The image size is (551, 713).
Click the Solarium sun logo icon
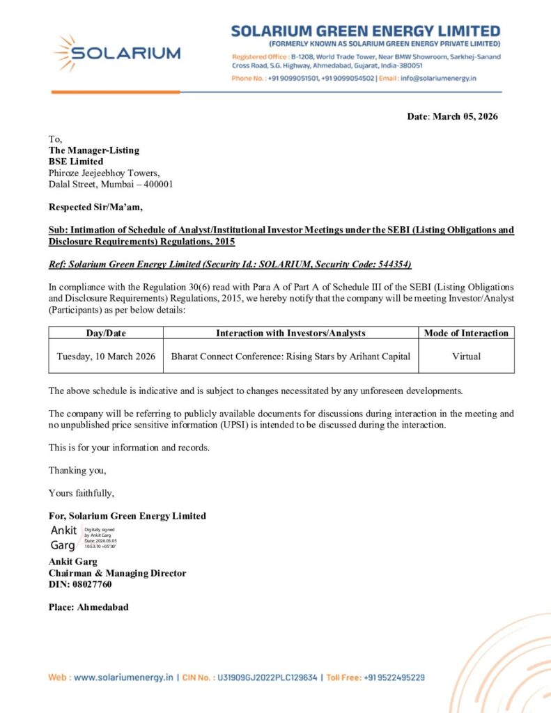[x=64, y=53]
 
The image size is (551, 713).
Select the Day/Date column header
[x=106, y=333]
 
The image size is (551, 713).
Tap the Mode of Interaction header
[x=466, y=333]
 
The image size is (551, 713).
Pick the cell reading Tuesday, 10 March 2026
[x=106, y=356]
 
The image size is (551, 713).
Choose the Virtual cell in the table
[x=466, y=356]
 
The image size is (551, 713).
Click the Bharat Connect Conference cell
[x=290, y=356]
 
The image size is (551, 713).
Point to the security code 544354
[x=396, y=264]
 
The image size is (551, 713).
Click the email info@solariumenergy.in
[x=438, y=78]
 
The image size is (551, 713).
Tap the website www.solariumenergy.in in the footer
[x=123, y=677]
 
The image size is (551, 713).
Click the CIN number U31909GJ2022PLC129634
[x=267, y=677]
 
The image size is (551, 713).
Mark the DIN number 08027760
[x=80, y=584]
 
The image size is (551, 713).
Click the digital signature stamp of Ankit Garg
[x=83, y=538]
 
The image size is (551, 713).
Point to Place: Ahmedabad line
[x=88, y=607]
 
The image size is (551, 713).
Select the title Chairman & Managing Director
[x=117, y=573]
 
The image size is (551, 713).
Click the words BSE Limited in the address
[x=75, y=162]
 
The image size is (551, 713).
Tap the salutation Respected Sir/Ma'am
[x=95, y=207]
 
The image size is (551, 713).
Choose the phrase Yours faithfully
[x=82, y=493]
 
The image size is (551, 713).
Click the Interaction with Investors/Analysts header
[x=290, y=333]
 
